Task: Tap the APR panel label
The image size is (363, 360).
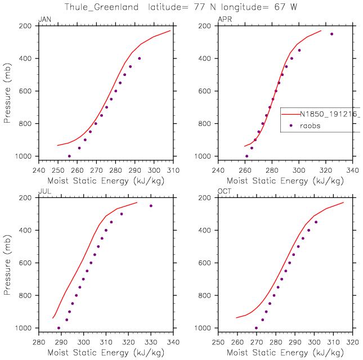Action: click(x=224, y=20)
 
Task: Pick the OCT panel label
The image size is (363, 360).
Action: click(x=224, y=192)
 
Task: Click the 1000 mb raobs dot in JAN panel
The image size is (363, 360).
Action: click(x=69, y=156)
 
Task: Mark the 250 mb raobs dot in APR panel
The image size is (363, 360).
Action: click(x=331, y=34)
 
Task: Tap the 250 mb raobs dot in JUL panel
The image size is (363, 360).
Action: click(x=151, y=206)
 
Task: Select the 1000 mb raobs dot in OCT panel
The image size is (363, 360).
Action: click(x=256, y=328)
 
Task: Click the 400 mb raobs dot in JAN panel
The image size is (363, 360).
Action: click(x=139, y=58)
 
